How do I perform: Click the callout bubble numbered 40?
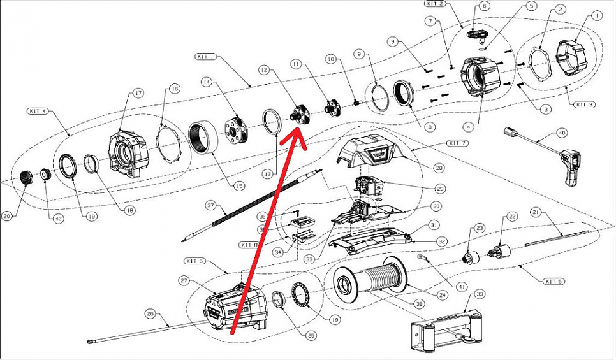point(561,133)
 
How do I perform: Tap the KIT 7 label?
point(457,143)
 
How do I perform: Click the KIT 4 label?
point(38,111)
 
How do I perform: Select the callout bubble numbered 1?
point(596,15)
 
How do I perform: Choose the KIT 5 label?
point(555,281)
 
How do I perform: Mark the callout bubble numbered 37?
point(210,206)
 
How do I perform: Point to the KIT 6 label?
point(194,261)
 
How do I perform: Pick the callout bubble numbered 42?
point(59,219)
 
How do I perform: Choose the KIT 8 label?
point(249,245)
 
